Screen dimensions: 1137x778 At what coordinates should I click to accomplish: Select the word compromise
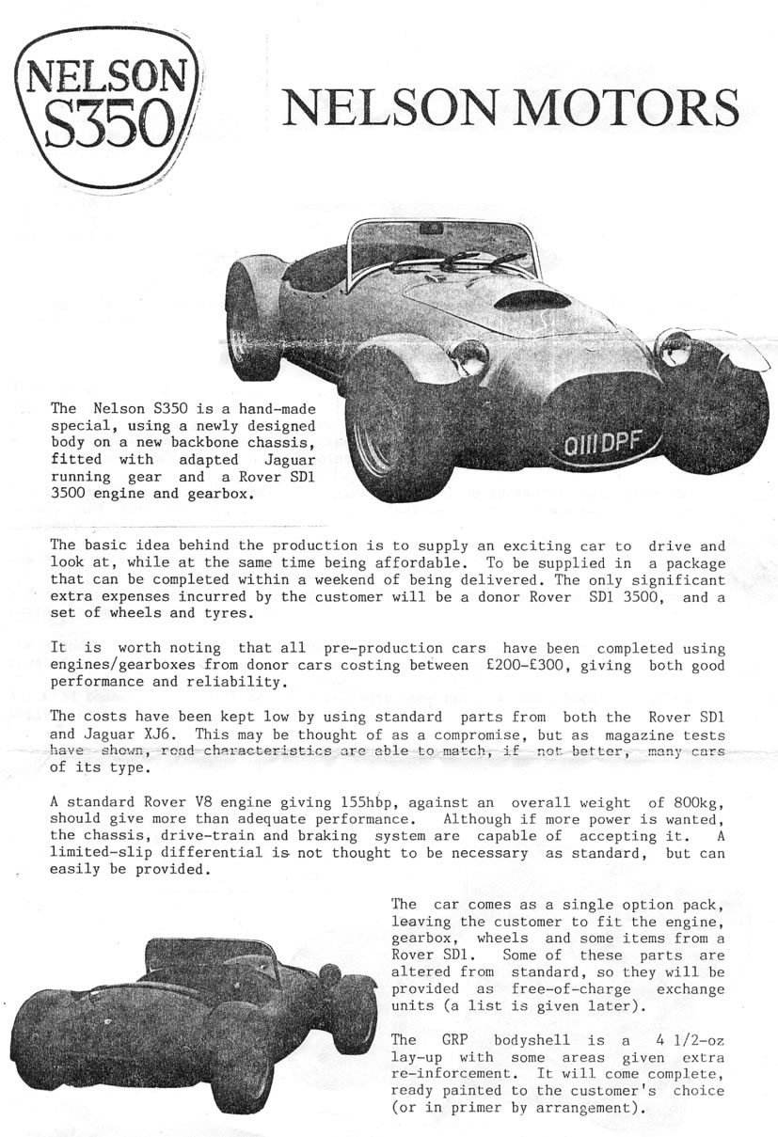(x=383, y=733)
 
